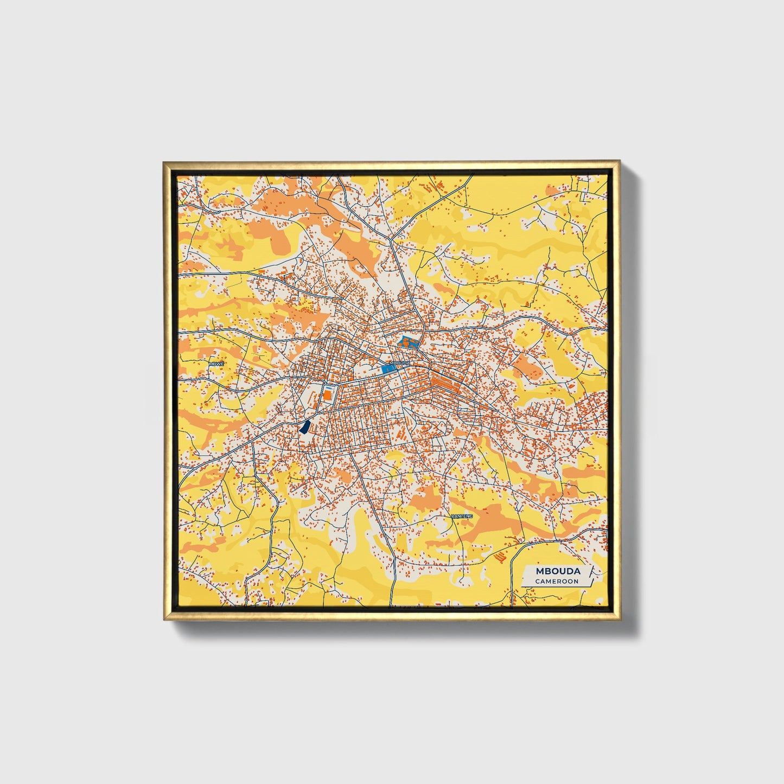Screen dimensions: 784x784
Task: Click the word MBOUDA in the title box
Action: [x=558, y=571]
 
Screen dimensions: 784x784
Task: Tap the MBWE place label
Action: [x=216, y=364]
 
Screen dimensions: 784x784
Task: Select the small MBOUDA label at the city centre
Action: [x=400, y=362]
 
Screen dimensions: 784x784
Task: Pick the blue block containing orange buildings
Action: [x=409, y=342]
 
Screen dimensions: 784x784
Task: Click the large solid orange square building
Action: [x=327, y=395]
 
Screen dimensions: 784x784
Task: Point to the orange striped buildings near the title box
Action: [x=501, y=557]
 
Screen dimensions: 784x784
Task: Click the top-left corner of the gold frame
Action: [x=163, y=162]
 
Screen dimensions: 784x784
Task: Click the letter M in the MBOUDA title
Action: [x=539, y=571]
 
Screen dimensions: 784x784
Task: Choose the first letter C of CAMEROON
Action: [x=537, y=581]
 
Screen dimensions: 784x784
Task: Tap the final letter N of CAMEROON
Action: [x=576, y=581]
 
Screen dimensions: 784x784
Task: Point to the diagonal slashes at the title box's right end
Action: [x=591, y=575]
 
